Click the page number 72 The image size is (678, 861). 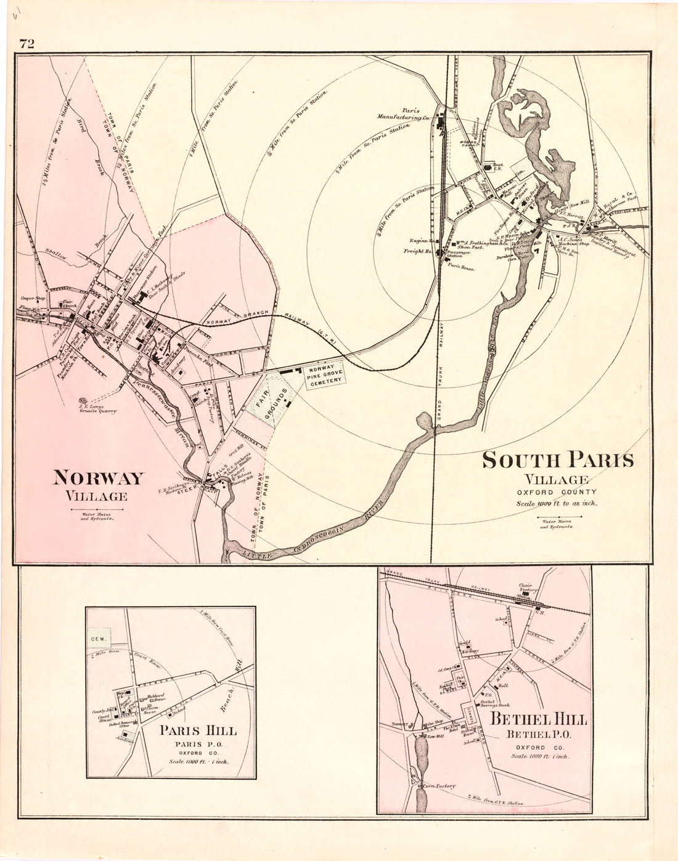[x=27, y=43]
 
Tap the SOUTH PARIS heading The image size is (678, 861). [x=557, y=460]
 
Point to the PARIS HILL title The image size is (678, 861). [x=198, y=730]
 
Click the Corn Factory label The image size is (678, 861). [x=439, y=786]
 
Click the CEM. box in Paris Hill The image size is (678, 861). [x=97, y=639]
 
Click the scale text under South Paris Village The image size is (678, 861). [x=557, y=503]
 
